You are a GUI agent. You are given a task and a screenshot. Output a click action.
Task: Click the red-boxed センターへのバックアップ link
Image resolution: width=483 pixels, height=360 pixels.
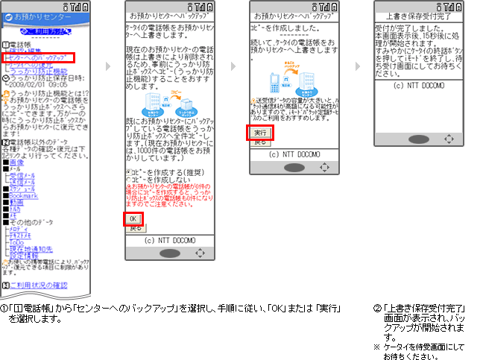pyautogui.click(x=38, y=57)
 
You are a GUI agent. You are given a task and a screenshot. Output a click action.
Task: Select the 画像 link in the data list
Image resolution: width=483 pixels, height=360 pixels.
pyautogui.click(x=17, y=162)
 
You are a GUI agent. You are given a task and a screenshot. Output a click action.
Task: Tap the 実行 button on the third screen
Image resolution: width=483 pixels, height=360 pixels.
pyautogui.click(x=257, y=133)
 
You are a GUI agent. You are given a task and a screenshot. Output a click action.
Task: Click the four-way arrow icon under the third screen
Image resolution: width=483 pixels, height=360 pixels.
pyautogui.click(x=325, y=168)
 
